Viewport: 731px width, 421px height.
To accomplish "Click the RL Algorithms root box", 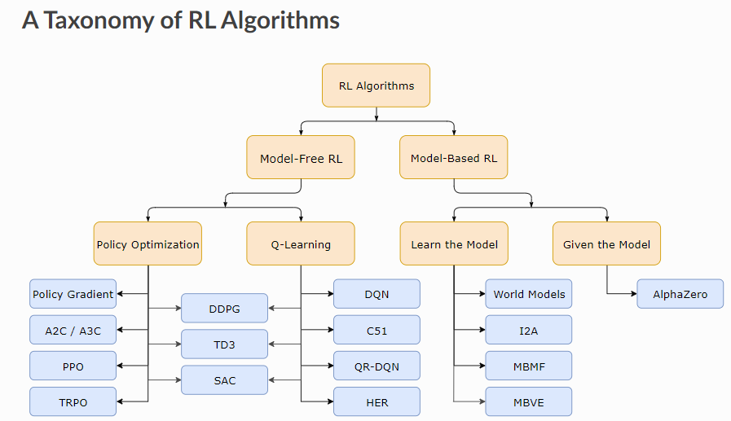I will pos(376,86).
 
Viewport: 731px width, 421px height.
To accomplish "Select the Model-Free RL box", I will pos(301,158).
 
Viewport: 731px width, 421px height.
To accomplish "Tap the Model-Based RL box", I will pos(453,158).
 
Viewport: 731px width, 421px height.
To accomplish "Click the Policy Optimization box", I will pos(148,243).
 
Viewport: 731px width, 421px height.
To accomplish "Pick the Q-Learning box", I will pos(301,243).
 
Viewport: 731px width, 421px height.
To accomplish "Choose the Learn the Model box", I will pos(453,243).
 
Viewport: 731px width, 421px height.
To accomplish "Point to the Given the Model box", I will pos(606,243).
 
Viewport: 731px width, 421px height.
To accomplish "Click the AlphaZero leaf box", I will pos(680,294).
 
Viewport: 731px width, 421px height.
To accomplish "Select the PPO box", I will pos(73,366).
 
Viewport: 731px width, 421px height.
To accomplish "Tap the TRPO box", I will pos(73,402).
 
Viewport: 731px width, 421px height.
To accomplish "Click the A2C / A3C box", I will pos(73,330).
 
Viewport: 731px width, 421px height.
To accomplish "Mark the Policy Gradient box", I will pos(73,294).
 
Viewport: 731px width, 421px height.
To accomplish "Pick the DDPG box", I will pos(224,309).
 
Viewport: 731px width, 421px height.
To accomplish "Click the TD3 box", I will pos(224,344).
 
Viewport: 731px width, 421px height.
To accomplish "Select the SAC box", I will pos(224,380).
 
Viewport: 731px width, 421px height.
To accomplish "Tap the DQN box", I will pos(377,294).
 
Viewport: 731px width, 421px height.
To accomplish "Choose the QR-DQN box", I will pos(377,366).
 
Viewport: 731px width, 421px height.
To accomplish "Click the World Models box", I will pos(529,294).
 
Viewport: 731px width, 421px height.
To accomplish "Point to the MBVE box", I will pos(529,402).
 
